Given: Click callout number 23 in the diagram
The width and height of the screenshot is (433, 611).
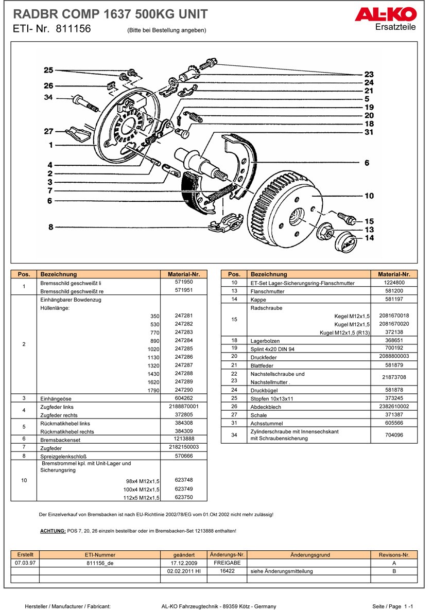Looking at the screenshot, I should tap(369, 74).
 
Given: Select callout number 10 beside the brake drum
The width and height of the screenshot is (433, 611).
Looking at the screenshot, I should tap(369, 196).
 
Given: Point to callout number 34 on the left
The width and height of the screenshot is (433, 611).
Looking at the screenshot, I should tap(48, 97).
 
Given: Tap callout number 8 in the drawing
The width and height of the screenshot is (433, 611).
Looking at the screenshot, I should tap(50, 227).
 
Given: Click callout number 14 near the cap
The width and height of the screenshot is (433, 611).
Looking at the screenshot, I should tap(369, 238).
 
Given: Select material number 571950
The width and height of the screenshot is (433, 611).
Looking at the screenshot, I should tap(184, 283).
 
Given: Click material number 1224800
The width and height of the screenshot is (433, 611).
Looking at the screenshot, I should tap(394, 283).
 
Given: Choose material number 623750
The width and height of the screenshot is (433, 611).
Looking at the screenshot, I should tap(184, 497).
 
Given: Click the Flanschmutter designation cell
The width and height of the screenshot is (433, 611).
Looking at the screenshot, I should tap(267, 291).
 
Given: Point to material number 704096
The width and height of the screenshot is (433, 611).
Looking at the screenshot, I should tap(394, 435).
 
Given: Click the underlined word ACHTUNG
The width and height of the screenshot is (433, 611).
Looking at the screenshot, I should tap(53, 531).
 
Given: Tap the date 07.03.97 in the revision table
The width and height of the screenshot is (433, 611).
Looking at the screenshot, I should tap(25, 563).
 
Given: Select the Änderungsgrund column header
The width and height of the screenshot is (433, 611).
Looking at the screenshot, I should tap(309, 555).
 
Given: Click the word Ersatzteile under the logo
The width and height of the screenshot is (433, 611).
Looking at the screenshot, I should tap(395, 27).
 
